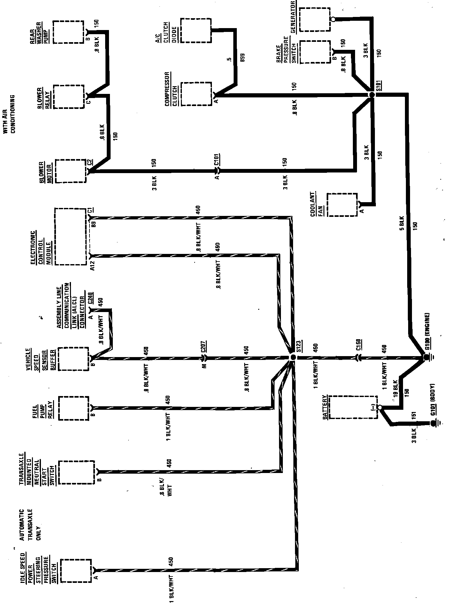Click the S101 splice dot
(x=372, y=95)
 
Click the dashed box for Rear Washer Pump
(x=68, y=32)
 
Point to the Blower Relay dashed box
(x=69, y=96)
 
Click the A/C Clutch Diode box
(x=196, y=30)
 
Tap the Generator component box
(x=314, y=19)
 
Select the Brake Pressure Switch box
(x=315, y=51)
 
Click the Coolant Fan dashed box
(x=342, y=205)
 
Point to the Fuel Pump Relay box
(x=73, y=408)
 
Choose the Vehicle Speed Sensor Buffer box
(x=73, y=359)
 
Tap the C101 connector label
(x=217, y=160)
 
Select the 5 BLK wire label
(x=401, y=223)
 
